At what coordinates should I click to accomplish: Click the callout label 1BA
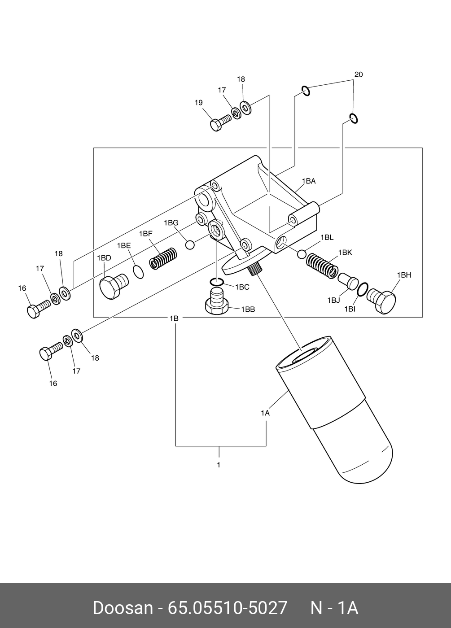(309, 181)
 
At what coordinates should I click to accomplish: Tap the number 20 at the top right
(358, 74)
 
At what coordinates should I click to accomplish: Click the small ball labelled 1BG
(190, 244)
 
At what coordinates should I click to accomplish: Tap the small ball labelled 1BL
(302, 253)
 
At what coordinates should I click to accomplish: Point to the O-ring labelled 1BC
(217, 282)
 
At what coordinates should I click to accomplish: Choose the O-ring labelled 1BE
(139, 271)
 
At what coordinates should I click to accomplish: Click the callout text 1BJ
(333, 301)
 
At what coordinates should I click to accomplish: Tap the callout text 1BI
(350, 309)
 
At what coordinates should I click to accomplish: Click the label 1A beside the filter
(265, 413)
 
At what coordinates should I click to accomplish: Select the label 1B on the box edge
(174, 318)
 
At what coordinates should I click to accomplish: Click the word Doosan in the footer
(123, 608)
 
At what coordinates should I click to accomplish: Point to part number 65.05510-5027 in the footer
(227, 608)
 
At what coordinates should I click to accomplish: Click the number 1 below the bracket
(219, 465)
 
